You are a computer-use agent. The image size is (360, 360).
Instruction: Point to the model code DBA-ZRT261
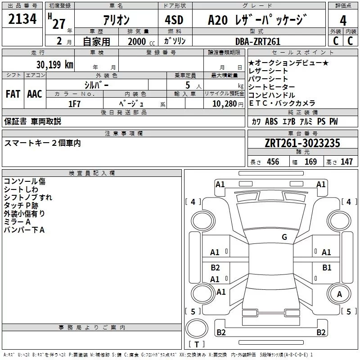[258, 41]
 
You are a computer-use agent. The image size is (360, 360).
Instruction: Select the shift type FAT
[13, 94]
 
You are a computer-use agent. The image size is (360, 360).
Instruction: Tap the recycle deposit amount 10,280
[224, 103]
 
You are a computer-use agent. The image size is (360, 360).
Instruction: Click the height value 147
[346, 162]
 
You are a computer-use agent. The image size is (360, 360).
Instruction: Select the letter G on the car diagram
[284, 237]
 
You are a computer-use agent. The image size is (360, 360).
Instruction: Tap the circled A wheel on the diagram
[340, 294]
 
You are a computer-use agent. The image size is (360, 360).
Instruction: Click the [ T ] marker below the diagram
[197, 345]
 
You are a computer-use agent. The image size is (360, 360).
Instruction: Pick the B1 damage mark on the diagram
[327, 268]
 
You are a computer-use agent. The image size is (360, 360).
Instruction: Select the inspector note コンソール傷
[24, 181]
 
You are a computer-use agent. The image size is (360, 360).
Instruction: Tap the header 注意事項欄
[123, 133]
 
